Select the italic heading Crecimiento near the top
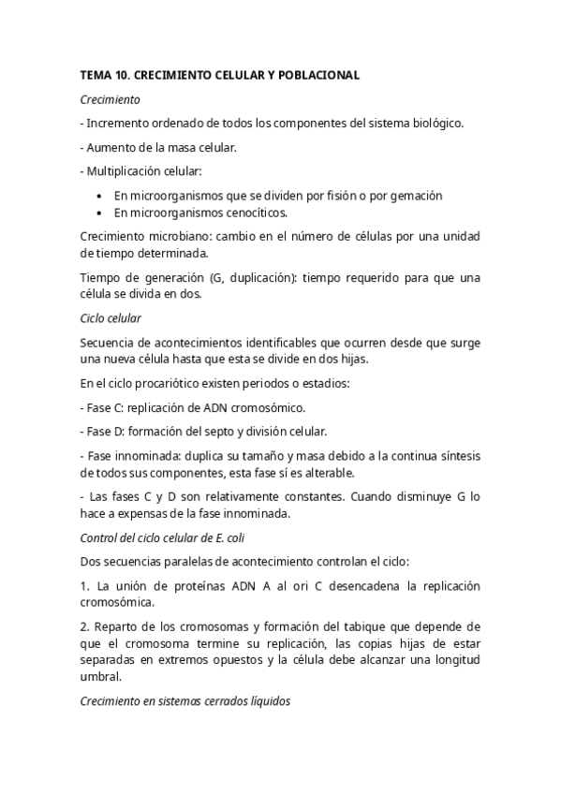click(x=111, y=97)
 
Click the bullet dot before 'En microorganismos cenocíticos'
click(x=100, y=213)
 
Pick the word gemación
click(x=415, y=196)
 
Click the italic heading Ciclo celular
click(x=111, y=318)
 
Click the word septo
click(x=225, y=432)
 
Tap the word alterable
click(x=329, y=472)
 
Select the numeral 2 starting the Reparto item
click(x=83, y=625)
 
